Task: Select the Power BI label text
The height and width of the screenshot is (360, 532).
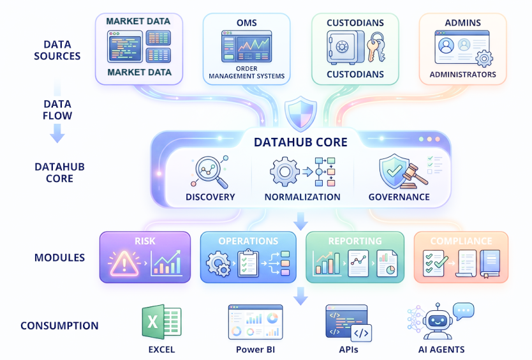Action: [255, 349]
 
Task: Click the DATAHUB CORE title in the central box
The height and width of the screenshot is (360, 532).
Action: [300, 141]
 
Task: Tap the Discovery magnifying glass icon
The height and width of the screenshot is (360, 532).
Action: [209, 172]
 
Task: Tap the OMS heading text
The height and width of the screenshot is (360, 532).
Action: [246, 23]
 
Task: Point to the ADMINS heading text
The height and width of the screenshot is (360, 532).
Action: [462, 23]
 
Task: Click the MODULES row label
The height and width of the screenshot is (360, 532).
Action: [59, 258]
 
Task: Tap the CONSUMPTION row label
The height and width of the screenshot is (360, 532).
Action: [59, 326]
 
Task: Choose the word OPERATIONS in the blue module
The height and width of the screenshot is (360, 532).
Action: [248, 241]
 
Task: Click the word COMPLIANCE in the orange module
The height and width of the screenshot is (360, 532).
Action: [461, 241]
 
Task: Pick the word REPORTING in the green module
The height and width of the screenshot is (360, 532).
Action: [355, 241]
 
